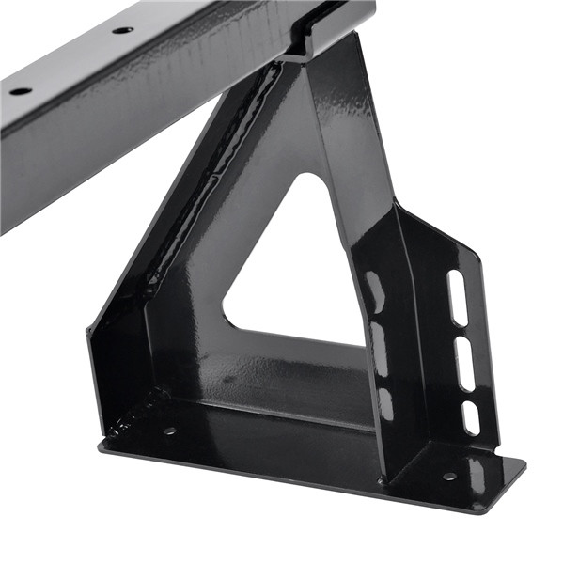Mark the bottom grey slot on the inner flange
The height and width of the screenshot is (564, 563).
click(384, 402)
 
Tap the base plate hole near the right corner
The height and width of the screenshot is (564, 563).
click(449, 477)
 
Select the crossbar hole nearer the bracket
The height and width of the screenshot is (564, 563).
click(122, 30)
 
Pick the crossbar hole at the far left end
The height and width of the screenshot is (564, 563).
click(20, 91)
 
